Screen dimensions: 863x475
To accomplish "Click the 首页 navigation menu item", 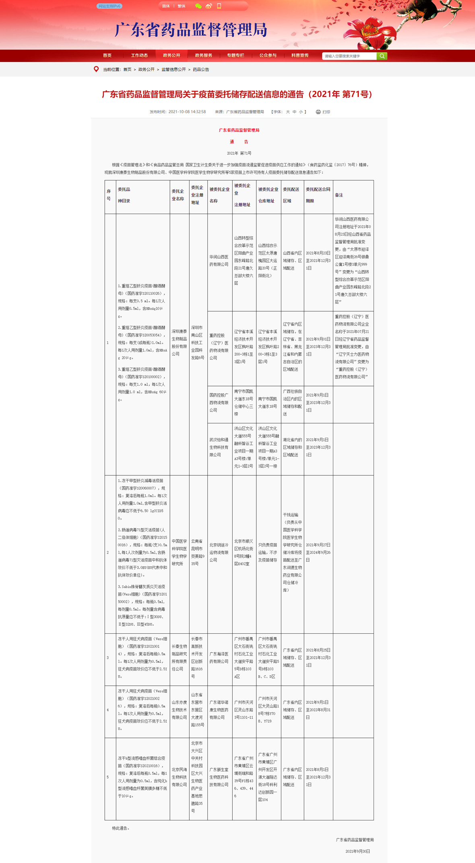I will coord(107,55).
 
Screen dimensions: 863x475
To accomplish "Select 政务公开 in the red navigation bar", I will coord(171,55).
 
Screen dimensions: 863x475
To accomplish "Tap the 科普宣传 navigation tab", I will coord(300,55).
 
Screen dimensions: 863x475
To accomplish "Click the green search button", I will coord(382,56).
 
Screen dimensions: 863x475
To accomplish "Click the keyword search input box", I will coord(349,56).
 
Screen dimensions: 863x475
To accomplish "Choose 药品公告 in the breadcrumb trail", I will coord(201,70).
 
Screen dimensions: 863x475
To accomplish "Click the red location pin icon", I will coord(96,69).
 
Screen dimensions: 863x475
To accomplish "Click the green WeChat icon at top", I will coord(198,6).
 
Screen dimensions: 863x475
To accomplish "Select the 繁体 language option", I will coord(182,6).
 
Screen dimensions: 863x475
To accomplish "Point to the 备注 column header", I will coord(339,195).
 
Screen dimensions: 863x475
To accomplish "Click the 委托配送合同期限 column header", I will coord(318,195).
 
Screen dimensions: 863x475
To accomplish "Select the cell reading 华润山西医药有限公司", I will coord(219,261).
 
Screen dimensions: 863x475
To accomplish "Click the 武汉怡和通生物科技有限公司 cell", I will coord(219,447).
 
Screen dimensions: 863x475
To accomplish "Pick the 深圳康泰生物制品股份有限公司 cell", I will coord(180,343).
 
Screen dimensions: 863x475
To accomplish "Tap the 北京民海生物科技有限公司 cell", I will coord(180,777).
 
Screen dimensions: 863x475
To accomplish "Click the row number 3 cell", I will coord(108,658).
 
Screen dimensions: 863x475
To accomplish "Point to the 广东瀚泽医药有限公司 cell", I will coord(219,658).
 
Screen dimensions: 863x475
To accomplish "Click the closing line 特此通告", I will coord(121,828).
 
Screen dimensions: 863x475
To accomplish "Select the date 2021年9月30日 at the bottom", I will coord(357,851).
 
